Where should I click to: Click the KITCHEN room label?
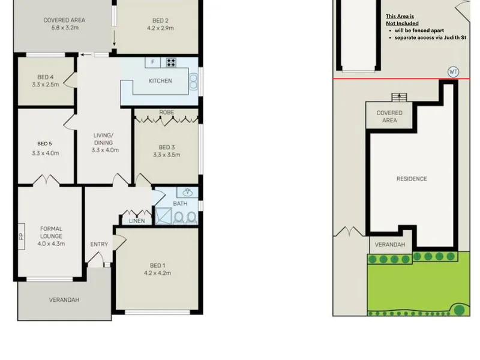(x=160, y=81)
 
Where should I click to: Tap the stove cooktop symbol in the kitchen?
(x=171, y=62)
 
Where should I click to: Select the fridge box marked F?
(x=153, y=62)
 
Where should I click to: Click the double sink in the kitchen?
(x=193, y=82)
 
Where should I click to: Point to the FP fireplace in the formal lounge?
(x=22, y=236)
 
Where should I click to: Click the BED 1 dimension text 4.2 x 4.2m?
(x=157, y=273)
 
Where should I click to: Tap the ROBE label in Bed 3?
(x=167, y=112)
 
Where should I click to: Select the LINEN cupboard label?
(x=137, y=221)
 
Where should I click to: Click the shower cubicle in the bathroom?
(x=163, y=216)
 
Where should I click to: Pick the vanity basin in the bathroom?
(x=187, y=192)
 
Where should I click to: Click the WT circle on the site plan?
(x=454, y=72)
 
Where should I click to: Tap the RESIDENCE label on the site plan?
(x=412, y=179)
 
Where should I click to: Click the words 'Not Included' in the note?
(x=402, y=23)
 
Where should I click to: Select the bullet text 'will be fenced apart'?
(x=419, y=31)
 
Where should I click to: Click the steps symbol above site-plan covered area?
(x=399, y=97)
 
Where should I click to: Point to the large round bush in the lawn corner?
(x=459, y=310)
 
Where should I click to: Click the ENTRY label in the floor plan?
(x=99, y=244)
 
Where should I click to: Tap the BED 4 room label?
(x=46, y=77)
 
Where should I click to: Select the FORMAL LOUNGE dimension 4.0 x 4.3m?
(x=51, y=244)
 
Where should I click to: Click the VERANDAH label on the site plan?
(x=389, y=245)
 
